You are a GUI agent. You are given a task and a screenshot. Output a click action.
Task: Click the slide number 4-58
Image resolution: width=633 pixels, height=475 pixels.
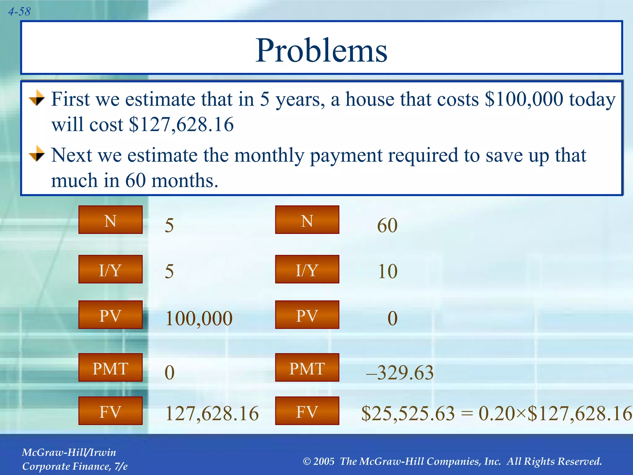(19, 12)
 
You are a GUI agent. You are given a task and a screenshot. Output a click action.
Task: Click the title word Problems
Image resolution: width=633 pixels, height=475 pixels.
(321, 50)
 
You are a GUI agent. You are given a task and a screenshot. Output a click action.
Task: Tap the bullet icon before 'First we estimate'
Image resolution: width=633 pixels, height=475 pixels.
(37, 98)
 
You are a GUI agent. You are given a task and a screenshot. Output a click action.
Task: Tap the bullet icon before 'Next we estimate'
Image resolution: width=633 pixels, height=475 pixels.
(37, 154)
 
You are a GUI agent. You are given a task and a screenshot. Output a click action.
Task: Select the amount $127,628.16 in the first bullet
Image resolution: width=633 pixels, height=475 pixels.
(181, 125)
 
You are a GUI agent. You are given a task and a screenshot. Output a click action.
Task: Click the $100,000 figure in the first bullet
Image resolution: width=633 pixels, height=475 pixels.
(524, 100)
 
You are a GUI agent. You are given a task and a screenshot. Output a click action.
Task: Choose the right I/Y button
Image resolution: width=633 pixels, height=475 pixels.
(307, 269)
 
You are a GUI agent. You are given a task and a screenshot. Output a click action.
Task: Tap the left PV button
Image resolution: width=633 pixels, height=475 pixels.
(110, 315)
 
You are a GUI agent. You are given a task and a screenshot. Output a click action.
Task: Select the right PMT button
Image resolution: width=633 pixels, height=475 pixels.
(307, 368)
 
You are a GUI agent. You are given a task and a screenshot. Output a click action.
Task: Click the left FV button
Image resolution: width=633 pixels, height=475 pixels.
(110, 411)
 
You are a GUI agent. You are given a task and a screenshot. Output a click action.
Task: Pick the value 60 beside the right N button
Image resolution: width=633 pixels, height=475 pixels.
(387, 225)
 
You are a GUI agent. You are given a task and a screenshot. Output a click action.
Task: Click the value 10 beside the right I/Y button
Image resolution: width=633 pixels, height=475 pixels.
(388, 272)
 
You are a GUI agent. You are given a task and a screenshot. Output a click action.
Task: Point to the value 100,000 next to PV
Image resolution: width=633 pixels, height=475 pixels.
(199, 319)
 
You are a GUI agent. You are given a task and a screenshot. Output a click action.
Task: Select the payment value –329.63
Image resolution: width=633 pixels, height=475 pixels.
(400, 373)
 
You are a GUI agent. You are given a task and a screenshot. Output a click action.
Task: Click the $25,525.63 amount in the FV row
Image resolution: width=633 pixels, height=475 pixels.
(408, 414)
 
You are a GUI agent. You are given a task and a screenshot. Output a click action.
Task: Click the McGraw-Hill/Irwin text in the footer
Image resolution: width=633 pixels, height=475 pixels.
(69, 452)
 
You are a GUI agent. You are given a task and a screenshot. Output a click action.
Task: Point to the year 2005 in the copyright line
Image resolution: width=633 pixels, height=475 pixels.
(324, 461)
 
